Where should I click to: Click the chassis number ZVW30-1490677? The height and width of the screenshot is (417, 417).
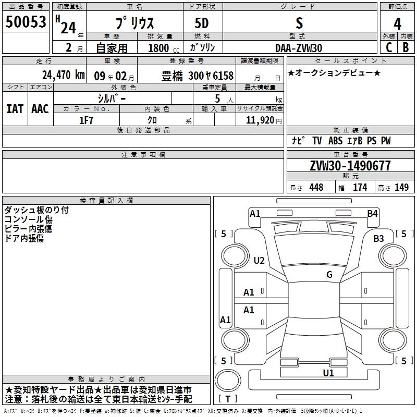(350, 166)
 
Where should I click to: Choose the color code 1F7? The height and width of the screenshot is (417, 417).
(86, 120)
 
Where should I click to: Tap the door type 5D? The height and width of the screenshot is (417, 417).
(202, 23)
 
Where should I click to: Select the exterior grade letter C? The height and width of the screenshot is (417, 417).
(388, 47)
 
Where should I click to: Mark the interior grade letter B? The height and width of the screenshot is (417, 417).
(406, 47)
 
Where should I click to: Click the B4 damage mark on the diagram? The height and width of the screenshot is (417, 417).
(372, 213)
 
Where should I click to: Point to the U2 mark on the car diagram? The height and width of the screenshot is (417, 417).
(259, 261)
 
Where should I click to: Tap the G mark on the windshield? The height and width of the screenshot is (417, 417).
(329, 275)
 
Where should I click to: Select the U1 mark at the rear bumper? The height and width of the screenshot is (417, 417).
(328, 373)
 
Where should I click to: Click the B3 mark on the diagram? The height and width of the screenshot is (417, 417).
(378, 238)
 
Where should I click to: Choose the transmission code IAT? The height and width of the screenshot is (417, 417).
(15, 109)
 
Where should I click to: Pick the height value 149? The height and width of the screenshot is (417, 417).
(401, 188)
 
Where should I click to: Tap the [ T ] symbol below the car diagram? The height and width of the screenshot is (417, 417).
(228, 399)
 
